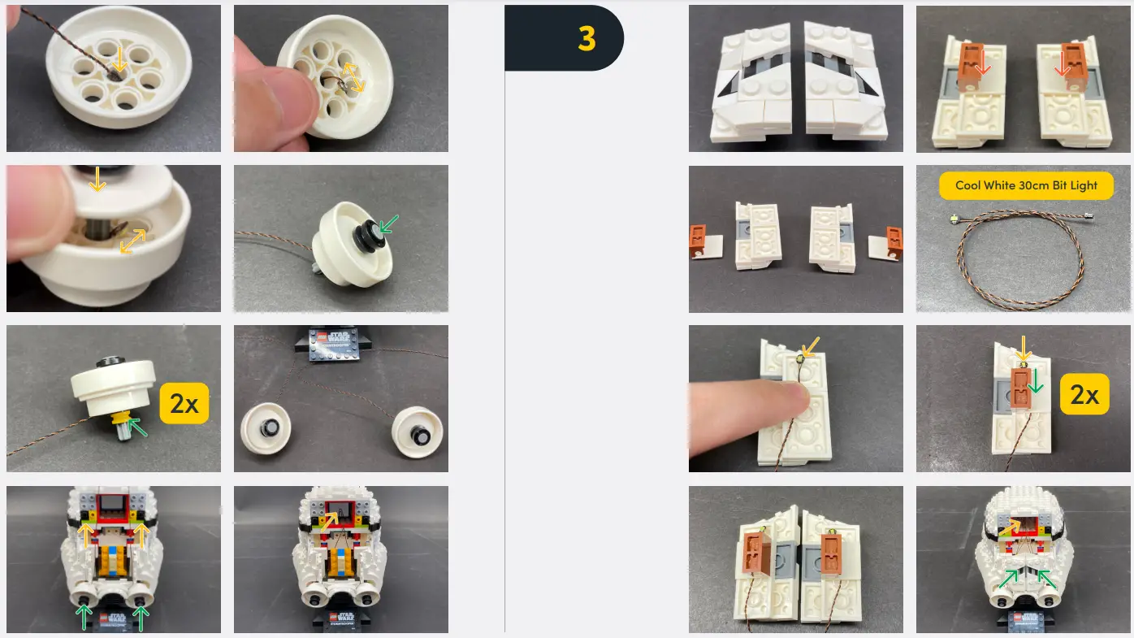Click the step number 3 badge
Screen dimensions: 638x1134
pyautogui.click(x=586, y=38)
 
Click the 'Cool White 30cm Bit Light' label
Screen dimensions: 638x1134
pyautogui.click(x=1026, y=185)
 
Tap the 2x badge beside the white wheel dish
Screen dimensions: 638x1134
pyautogui.click(x=184, y=404)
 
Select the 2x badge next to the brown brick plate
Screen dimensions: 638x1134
pyautogui.click(x=1084, y=395)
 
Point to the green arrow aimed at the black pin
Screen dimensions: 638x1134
pyautogui.click(x=390, y=222)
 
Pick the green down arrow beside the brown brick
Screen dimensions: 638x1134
pyautogui.click(x=1035, y=380)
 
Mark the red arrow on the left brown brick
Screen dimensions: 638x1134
pyautogui.click(x=982, y=63)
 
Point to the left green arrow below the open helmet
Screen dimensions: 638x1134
pyautogui.click(x=83, y=615)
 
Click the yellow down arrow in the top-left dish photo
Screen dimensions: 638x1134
pyautogui.click(x=119, y=59)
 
